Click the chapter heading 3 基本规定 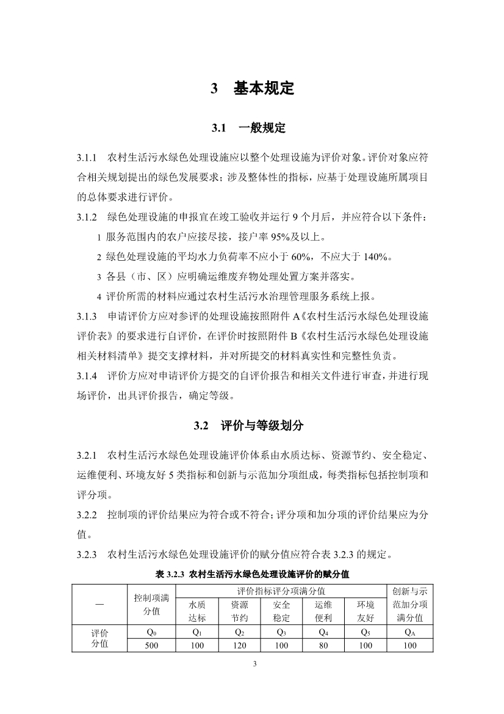(x=252, y=89)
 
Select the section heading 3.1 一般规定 (x=248, y=128)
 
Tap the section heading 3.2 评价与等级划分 (x=248, y=426)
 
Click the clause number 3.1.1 (x=87, y=158)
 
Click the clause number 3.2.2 (x=87, y=514)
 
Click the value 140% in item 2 (x=375, y=257)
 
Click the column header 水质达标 (x=197, y=611)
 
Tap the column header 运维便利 (x=323, y=611)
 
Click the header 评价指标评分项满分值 (x=281, y=591)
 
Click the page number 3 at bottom (x=253, y=664)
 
